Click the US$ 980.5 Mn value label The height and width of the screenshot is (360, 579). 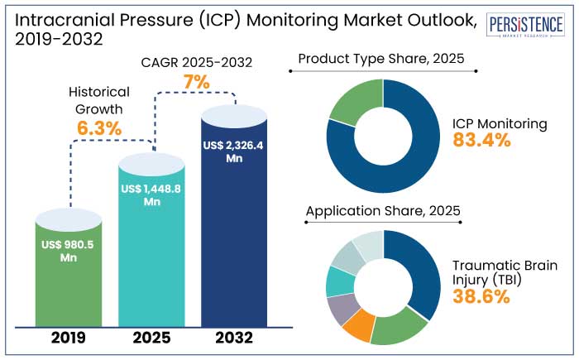69,251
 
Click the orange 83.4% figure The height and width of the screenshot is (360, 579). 481,140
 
